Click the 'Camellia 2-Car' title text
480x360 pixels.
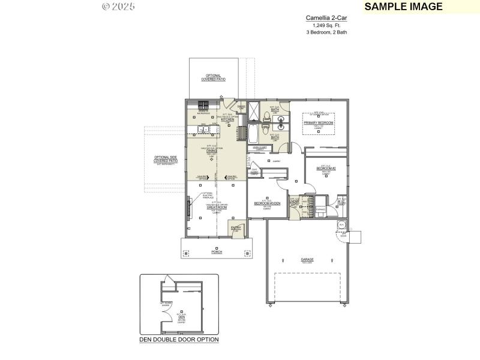point(326,19)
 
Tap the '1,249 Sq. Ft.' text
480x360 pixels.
point(326,25)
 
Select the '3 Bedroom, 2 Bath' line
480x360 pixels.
point(326,32)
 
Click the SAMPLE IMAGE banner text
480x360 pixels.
point(403,7)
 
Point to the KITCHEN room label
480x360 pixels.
point(227,119)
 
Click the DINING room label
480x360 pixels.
point(211,150)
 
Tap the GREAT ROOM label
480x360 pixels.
point(215,207)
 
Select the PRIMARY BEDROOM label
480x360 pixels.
point(318,122)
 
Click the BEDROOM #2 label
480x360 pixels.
point(326,169)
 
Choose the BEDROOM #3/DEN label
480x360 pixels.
point(266,203)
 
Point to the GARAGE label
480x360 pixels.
point(307,260)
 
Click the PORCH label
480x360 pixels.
point(217,252)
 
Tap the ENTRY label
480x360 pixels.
point(236,227)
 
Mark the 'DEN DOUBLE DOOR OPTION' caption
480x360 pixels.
point(179,340)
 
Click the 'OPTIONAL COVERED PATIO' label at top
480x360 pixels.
point(213,77)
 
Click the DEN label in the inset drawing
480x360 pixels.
point(182,316)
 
